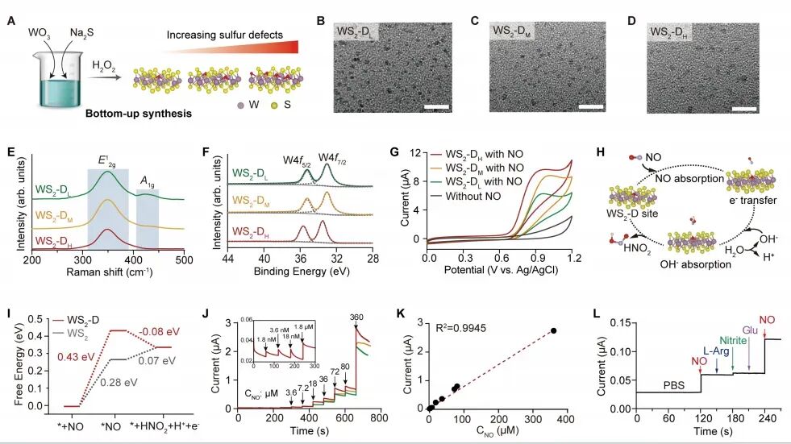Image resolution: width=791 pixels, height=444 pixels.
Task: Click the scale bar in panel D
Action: coord(744,106)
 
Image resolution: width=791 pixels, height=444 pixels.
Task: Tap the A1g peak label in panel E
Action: coord(147,181)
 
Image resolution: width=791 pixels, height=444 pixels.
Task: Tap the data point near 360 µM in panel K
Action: coord(553,330)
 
